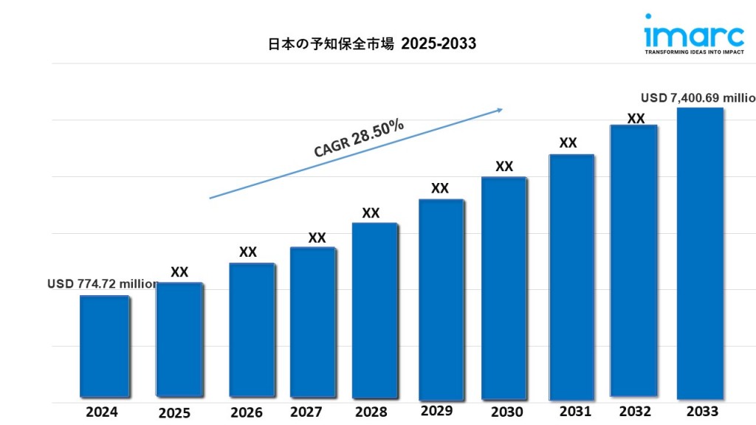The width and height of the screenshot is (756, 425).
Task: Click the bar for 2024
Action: pyautogui.click(x=104, y=347)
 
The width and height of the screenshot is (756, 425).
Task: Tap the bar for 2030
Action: pyautogui.click(x=504, y=288)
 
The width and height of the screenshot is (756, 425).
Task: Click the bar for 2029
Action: pyautogui.click(x=441, y=299)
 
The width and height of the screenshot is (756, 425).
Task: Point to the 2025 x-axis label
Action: pyautogui.click(x=174, y=413)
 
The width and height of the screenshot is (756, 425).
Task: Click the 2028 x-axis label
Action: pyautogui.click(x=370, y=412)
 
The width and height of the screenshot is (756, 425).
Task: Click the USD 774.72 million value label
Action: pyautogui.click(x=103, y=283)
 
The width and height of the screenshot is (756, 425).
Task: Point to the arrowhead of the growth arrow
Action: pyautogui.click(x=499, y=110)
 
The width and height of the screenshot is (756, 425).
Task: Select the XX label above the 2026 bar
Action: pyautogui.click(x=248, y=252)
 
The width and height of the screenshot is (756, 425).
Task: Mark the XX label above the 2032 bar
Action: pyautogui.click(x=636, y=118)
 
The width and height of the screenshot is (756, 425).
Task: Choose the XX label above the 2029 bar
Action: pyautogui.click(x=440, y=188)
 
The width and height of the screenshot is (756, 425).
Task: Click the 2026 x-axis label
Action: pyautogui.click(x=247, y=412)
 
